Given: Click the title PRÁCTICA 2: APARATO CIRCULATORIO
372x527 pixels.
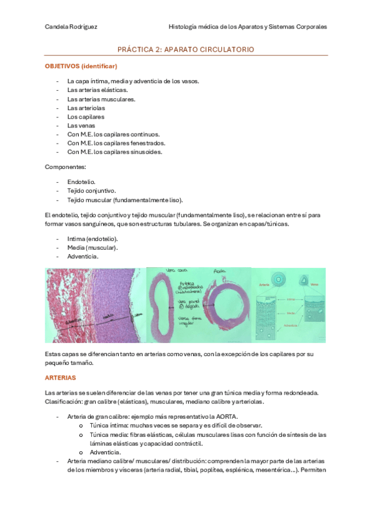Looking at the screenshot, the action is point(186,49).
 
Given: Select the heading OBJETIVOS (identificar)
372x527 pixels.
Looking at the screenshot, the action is point(81,66).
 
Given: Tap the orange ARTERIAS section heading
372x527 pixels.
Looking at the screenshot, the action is point(60,377).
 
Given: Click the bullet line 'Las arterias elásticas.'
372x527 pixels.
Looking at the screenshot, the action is point(98,90).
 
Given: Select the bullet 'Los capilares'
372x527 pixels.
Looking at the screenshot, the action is point(86,116).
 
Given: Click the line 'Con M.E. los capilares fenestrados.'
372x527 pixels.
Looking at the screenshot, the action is point(116,143).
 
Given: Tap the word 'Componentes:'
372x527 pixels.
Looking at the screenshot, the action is point(65,167).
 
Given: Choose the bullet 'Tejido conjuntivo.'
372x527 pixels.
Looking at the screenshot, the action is point(91,190).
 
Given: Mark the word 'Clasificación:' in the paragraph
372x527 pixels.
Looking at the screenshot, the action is point(65,401).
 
